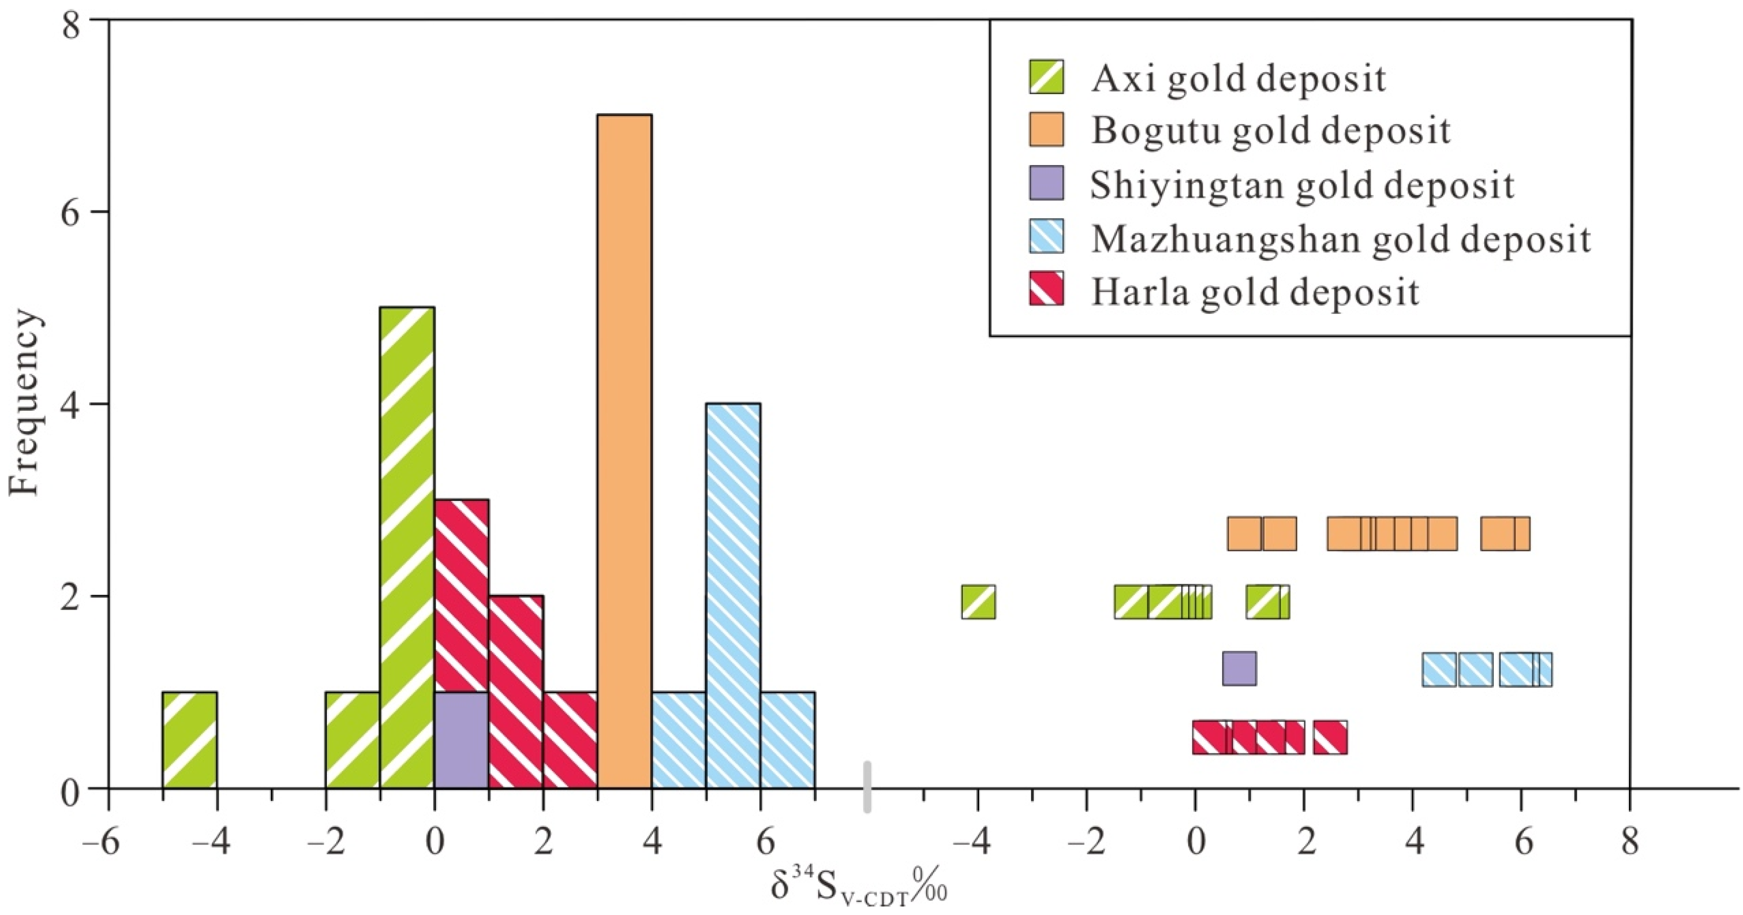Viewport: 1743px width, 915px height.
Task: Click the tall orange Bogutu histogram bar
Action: [625, 451]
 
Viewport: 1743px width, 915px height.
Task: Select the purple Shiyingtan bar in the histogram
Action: [461, 740]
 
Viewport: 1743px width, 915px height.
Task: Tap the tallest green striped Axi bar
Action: [407, 548]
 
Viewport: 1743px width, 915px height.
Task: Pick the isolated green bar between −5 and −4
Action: [190, 740]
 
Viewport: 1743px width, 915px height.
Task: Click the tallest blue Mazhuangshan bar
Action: [733, 595]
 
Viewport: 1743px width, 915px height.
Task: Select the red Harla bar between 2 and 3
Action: [569, 740]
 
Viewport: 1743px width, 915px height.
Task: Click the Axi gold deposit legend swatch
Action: [1046, 77]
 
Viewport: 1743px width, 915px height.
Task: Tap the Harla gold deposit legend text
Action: [1255, 292]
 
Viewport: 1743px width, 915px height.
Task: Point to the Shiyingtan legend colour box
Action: [1046, 183]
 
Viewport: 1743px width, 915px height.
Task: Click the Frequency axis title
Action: [25, 404]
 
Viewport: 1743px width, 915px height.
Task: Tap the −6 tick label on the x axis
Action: [102, 843]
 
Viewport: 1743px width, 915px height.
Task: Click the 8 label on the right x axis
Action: [1630, 843]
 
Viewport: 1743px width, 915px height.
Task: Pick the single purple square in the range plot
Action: [1240, 668]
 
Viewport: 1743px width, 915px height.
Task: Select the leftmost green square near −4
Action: [978, 601]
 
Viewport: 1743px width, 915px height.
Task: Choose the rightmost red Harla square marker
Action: [1330, 737]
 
